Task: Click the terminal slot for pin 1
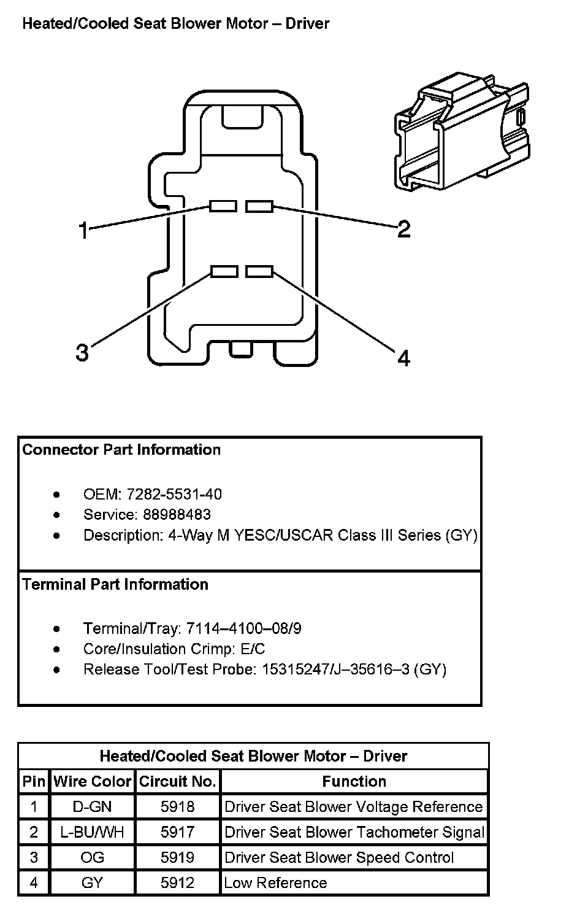pos(223,206)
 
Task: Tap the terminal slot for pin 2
pos(259,206)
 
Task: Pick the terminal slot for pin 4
pos(259,271)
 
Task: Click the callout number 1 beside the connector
pos(83,231)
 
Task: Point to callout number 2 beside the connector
pos(403,230)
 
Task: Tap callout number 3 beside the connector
pos(82,353)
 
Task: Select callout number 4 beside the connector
pos(403,358)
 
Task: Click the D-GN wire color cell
pos(92,806)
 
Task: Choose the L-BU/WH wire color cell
pos(92,832)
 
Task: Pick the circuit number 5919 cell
pos(177,857)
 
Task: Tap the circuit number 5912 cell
pos(177,883)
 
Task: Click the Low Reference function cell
pos(354,883)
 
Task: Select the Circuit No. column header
pos(177,781)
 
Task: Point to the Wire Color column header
pos(92,781)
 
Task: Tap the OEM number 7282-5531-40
pos(174,494)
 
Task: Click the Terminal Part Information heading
pos(115,584)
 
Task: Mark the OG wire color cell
pos(92,857)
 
